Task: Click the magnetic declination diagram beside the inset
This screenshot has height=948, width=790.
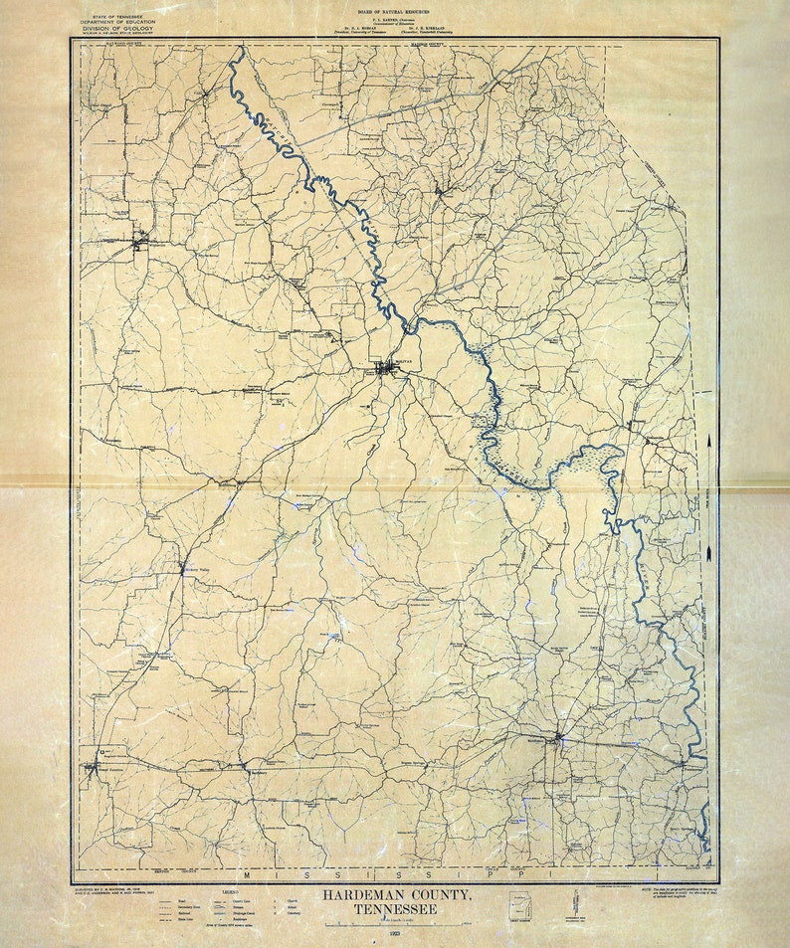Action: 577,907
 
